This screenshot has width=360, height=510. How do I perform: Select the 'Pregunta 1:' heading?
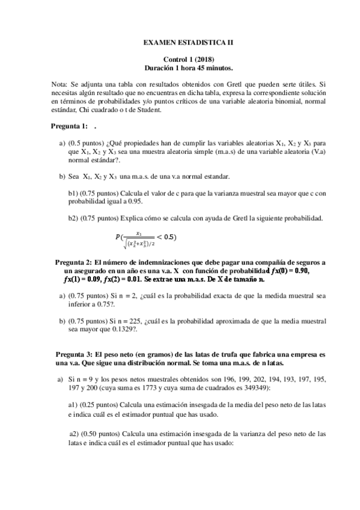tap(69, 126)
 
